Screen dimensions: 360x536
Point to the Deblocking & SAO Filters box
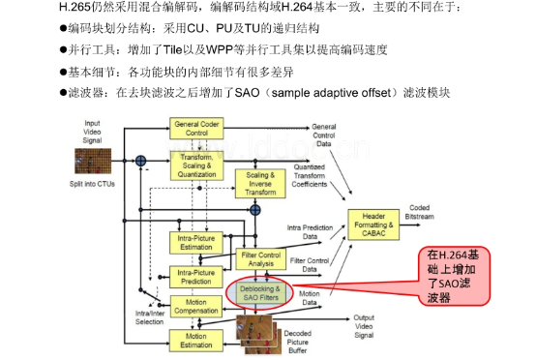tap(260, 294)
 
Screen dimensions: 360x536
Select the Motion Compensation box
tap(197, 309)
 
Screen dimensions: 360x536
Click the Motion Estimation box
tap(197, 340)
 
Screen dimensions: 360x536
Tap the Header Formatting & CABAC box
tap(373, 225)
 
